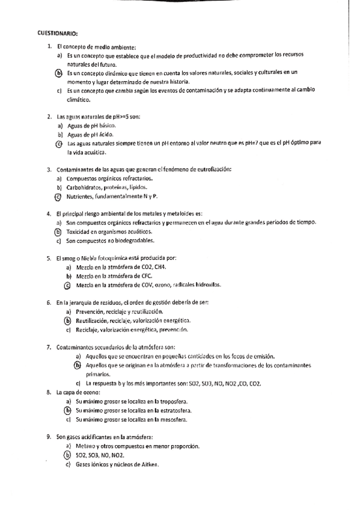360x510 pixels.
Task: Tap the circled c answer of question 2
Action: (58, 144)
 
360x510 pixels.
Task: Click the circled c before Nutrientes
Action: (58, 197)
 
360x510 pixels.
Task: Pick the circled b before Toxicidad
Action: (58, 232)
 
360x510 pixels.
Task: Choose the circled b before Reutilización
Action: (68, 321)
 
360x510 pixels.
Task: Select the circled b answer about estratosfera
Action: (68, 410)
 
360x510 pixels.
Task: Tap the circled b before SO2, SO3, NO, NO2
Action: (68, 455)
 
